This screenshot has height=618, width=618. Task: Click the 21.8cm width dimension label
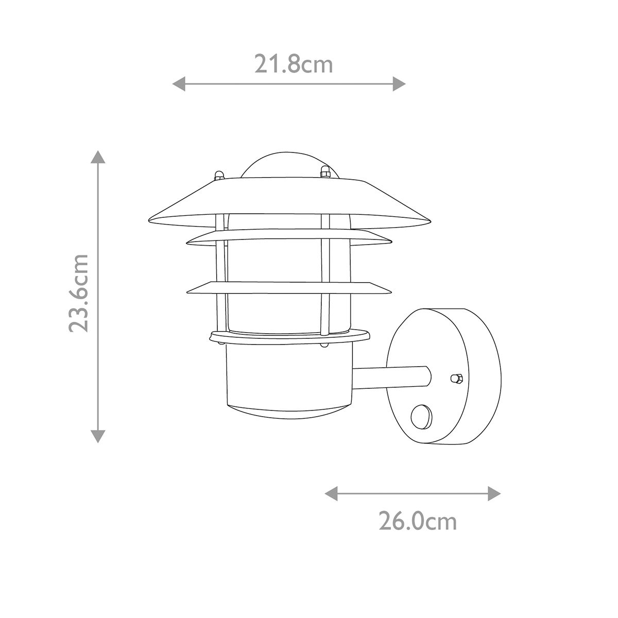tap(294, 65)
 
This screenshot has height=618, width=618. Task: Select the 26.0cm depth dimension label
tap(418, 521)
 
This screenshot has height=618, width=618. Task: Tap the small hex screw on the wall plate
tap(455, 379)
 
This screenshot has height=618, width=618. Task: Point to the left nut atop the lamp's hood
tap(219, 174)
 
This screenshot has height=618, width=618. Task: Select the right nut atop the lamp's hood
tap(324, 171)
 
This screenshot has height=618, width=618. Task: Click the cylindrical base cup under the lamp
tap(288, 379)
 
